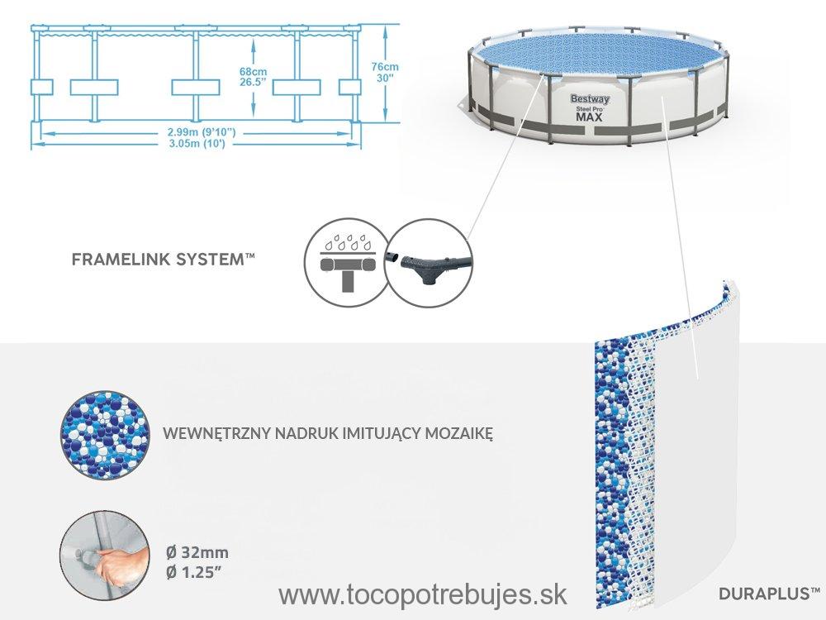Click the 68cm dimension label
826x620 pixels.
pos(253,71)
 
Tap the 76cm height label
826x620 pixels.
pos(385,67)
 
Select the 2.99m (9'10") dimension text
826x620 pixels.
pos(195,132)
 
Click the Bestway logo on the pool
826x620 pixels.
pos(590,98)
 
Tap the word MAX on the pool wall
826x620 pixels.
pos(589,117)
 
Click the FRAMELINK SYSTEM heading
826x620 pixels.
pos(164,260)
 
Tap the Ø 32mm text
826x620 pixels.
pos(197,552)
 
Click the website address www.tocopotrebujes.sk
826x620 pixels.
pos(422,595)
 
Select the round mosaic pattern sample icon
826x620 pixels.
pos(104,435)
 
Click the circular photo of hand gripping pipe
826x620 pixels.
pos(102,556)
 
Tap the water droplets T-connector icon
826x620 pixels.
pos(347,264)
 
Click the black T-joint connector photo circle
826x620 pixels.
pos(428,262)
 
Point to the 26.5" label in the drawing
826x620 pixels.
pos(253,82)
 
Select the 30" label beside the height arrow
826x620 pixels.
pos(385,78)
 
